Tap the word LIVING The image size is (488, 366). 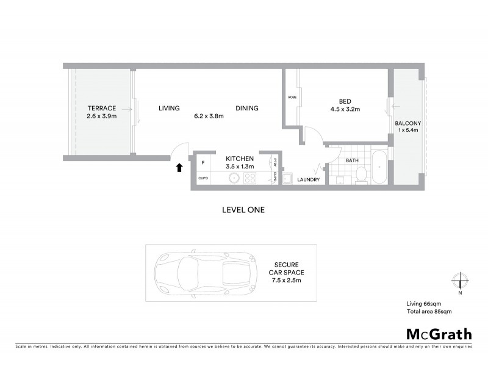tap(169, 108)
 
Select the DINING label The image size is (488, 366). tap(247, 108)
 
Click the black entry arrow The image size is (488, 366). tap(179, 167)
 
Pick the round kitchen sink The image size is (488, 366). tap(234, 178)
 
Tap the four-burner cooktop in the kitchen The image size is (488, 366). tap(250, 178)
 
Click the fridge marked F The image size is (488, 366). tap(203, 163)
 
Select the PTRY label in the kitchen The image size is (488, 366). tap(276, 163)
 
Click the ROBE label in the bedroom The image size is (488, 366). tap(292, 97)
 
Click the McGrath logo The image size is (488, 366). tap(439, 334)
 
